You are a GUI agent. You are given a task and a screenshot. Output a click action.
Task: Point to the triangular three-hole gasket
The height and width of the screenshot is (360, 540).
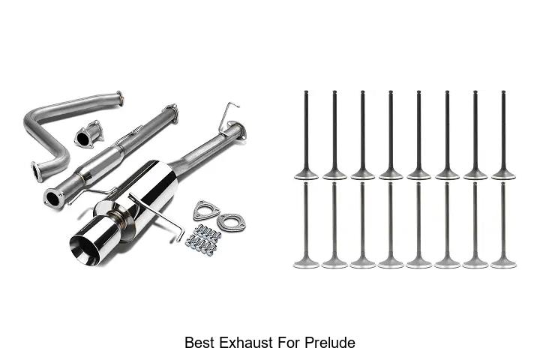tap(206, 209)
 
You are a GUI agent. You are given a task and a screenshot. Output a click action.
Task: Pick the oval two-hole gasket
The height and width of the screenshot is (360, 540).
tap(231, 221)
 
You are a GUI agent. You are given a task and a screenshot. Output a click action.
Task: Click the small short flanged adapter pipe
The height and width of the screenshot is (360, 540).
tap(88, 134)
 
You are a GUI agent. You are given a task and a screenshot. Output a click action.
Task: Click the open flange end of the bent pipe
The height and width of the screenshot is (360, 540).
tap(37, 172)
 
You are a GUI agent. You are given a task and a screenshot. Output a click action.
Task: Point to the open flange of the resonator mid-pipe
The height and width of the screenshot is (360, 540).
tap(54, 199)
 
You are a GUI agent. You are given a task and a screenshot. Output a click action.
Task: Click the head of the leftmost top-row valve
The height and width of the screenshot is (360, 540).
tap(306, 175)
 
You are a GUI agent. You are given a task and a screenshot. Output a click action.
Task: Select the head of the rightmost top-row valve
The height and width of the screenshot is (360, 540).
tap(503, 175)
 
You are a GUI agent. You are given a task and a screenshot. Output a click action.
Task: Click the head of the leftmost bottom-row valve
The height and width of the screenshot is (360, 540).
tap(306, 263)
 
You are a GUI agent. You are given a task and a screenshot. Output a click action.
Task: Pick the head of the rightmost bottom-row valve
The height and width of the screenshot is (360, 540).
tap(503, 263)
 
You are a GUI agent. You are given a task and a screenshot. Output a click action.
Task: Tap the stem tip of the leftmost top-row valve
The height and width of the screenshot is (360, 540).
tap(306, 92)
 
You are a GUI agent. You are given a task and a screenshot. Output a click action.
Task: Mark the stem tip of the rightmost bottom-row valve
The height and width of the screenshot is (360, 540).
tap(503, 184)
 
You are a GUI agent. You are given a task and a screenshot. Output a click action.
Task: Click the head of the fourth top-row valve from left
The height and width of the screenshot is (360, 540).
tap(391, 175)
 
